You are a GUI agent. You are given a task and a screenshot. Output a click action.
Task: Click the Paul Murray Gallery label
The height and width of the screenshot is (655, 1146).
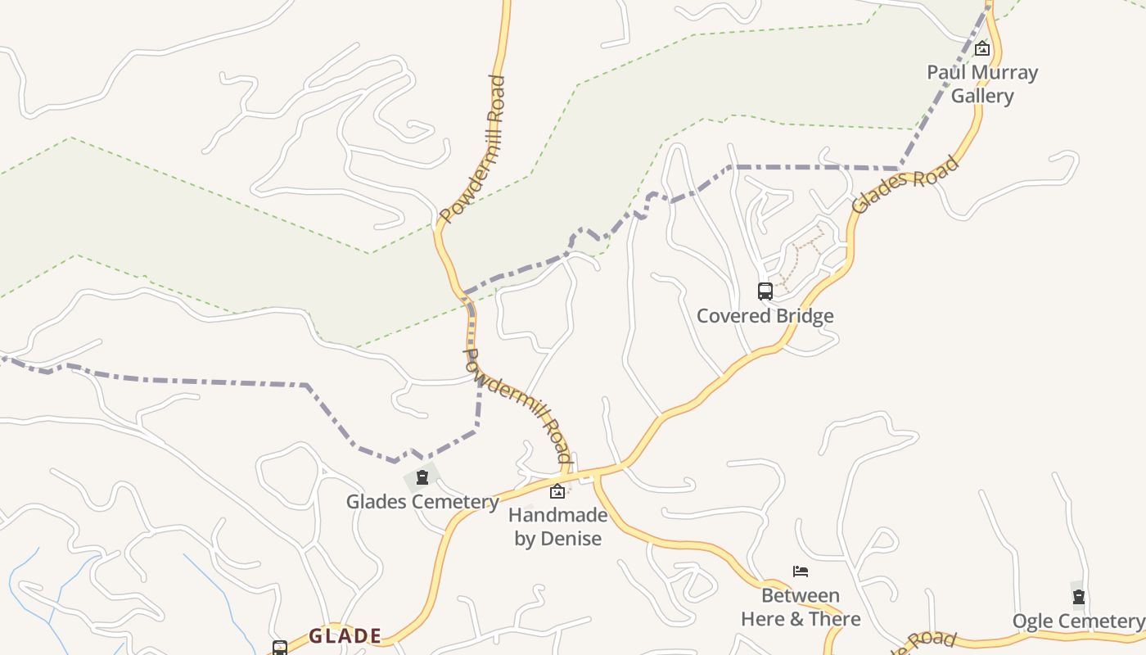point(982,84)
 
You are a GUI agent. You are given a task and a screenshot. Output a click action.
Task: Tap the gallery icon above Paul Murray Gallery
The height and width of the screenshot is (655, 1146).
point(982,49)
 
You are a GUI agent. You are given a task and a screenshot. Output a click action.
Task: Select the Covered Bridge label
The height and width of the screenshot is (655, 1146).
point(765,316)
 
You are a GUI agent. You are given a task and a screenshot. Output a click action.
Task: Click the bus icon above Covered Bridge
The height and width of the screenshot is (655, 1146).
point(765,291)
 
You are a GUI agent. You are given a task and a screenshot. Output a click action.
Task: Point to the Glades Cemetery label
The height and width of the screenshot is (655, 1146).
point(422,501)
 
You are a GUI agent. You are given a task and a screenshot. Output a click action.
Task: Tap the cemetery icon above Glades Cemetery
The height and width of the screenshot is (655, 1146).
point(422,477)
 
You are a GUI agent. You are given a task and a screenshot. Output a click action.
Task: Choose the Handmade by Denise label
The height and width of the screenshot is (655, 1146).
point(557,526)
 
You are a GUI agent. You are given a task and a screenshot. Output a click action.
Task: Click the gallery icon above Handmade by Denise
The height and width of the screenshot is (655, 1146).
point(557,491)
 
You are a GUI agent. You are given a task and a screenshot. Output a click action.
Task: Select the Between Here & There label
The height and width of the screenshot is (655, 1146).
point(801,607)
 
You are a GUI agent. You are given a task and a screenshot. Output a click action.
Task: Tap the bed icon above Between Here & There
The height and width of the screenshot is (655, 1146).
point(801,571)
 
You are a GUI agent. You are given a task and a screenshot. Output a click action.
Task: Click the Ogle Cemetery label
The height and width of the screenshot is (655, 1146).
point(1078,621)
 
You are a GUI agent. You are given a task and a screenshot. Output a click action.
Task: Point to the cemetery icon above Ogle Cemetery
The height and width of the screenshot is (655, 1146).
point(1078,597)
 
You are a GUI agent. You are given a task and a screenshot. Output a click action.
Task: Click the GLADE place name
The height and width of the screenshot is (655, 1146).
point(345,636)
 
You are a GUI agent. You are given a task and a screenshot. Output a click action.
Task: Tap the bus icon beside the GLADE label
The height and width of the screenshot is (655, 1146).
point(280,648)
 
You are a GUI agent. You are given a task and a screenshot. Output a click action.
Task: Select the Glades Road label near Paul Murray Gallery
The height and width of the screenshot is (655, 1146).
point(905,185)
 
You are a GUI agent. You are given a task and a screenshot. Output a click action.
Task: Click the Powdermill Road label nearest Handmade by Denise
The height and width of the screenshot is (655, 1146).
point(517,404)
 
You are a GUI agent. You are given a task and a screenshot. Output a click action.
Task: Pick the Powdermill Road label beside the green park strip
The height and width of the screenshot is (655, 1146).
point(473,150)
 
